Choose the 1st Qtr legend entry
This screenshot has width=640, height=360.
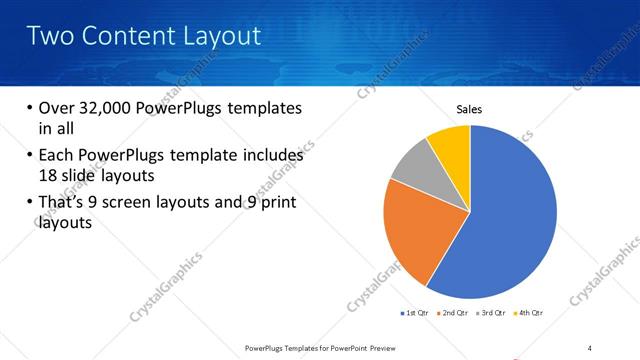[x=416, y=313]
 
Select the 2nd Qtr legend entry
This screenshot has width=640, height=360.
[x=455, y=313]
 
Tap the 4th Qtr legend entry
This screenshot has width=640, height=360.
[x=529, y=313]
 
